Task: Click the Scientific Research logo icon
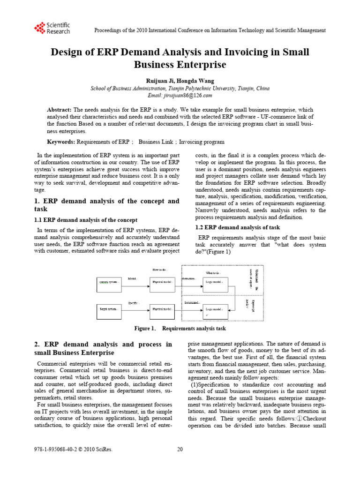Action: click(39, 28)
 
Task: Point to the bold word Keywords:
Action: click(60, 142)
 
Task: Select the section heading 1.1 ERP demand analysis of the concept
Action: click(86, 220)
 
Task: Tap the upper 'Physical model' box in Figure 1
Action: click(164, 282)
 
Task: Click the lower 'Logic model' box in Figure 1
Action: click(216, 310)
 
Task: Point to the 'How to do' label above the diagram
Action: click(159, 269)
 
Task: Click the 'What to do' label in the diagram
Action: click(213, 273)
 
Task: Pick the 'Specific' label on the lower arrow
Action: click(134, 303)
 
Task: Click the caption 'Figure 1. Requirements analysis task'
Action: click(180, 329)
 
